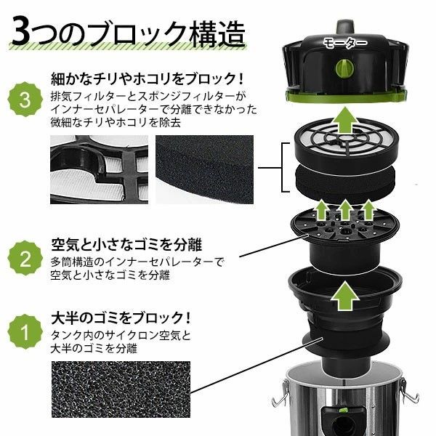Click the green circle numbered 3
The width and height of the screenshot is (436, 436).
[24, 100]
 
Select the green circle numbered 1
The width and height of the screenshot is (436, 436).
[24, 335]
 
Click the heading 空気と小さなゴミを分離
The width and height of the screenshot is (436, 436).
[116, 242]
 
